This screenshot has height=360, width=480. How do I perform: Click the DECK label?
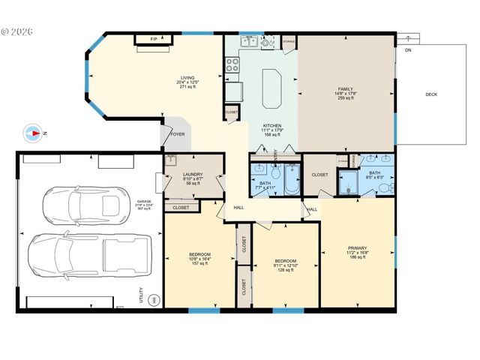click(431, 94)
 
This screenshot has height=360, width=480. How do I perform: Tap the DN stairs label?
click(407, 50)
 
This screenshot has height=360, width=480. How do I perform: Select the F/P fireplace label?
click(154, 39)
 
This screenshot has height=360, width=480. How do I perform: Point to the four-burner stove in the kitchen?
click(232, 64)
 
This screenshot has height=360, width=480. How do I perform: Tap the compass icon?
click(34, 133)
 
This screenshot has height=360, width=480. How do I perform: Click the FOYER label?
click(177, 135)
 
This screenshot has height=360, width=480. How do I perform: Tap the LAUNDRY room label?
click(193, 175)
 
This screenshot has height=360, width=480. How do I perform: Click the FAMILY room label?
click(345, 89)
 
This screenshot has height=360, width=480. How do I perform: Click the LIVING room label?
click(187, 77)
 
